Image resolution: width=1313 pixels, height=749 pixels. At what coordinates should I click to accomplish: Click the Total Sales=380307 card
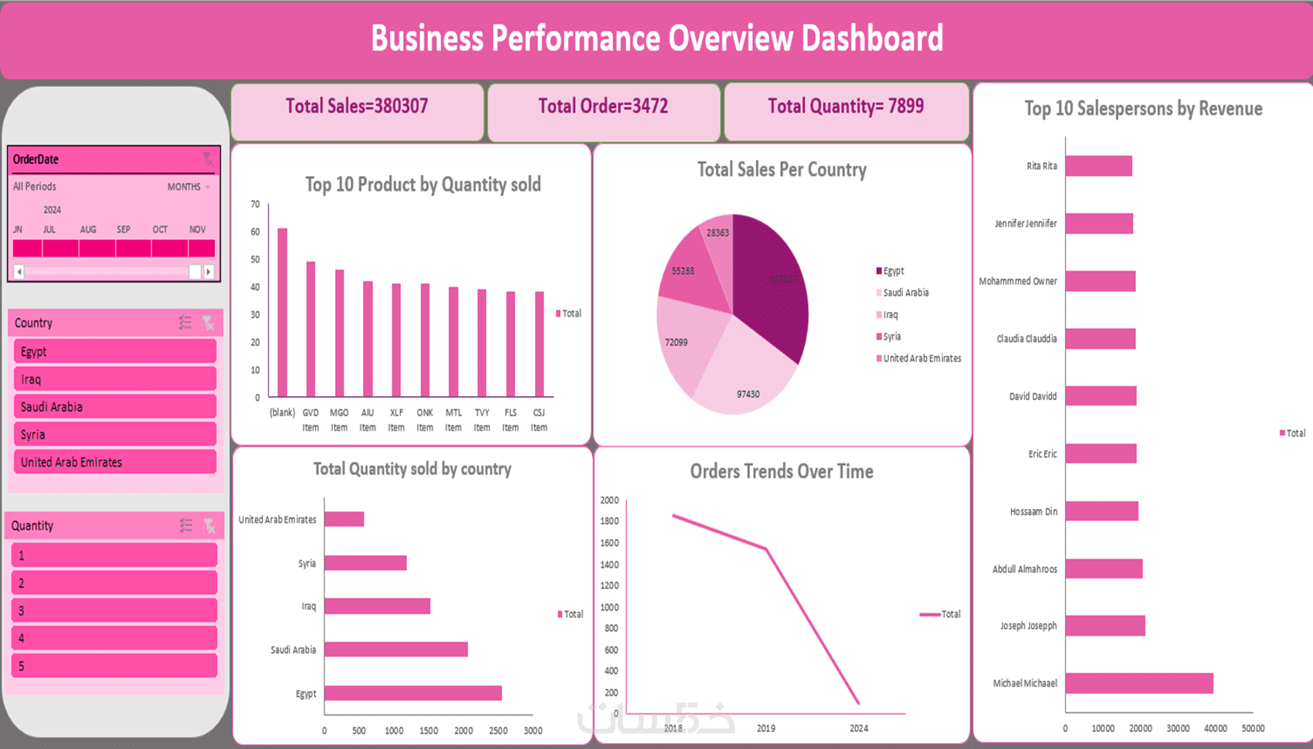pyautogui.click(x=357, y=107)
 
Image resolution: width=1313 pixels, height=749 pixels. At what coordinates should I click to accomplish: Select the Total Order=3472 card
pyautogui.click(x=603, y=107)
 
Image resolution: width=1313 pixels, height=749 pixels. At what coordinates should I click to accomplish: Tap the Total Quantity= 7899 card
pyautogui.click(x=846, y=107)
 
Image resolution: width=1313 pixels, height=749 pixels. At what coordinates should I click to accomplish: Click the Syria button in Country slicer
pyautogui.click(x=114, y=435)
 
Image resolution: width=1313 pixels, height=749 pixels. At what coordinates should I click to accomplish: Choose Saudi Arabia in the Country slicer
pyautogui.click(x=114, y=407)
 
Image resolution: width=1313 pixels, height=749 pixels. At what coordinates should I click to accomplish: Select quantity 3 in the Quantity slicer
pyautogui.click(x=114, y=611)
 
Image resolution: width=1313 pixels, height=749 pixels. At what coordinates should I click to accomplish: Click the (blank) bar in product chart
pyautogui.click(x=282, y=313)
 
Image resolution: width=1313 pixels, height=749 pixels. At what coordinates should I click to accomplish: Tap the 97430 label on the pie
pyautogui.click(x=748, y=395)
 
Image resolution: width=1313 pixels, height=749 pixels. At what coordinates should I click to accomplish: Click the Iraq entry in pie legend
pyautogui.click(x=890, y=315)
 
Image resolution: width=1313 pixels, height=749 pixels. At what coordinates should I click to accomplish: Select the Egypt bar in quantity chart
pyautogui.click(x=412, y=693)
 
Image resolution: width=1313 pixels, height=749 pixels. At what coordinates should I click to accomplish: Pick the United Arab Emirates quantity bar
pyautogui.click(x=344, y=520)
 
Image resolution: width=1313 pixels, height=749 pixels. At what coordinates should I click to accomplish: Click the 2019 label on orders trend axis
pyautogui.click(x=766, y=728)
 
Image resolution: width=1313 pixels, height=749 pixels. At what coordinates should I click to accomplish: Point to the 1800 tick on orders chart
pyautogui.click(x=609, y=521)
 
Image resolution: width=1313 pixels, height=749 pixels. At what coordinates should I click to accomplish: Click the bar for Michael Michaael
pyautogui.click(x=1138, y=683)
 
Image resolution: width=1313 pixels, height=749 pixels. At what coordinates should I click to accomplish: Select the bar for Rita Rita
pyautogui.click(x=1098, y=166)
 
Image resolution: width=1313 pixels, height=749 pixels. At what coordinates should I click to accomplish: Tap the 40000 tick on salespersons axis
pyautogui.click(x=1216, y=728)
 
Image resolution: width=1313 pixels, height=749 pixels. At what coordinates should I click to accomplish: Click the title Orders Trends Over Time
pyautogui.click(x=782, y=472)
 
